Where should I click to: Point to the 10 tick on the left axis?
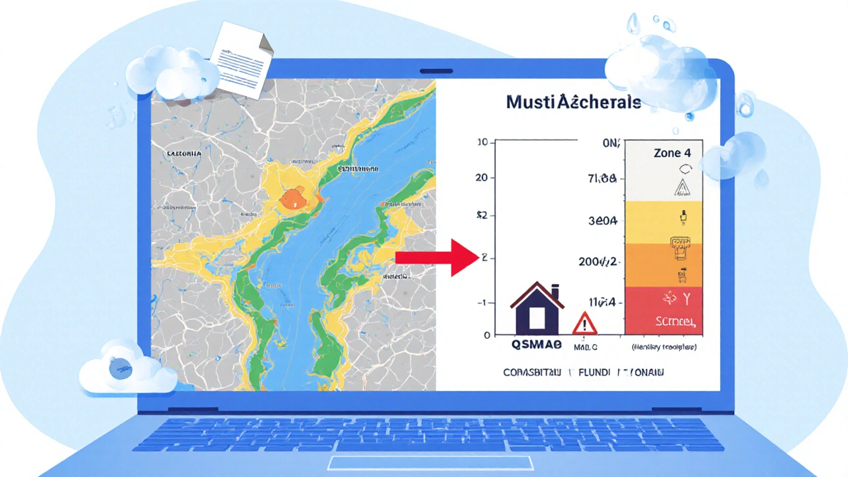(x=482, y=142)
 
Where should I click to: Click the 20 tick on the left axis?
(x=482, y=178)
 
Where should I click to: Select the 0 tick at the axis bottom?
(x=486, y=335)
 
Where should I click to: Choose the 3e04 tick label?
(x=602, y=221)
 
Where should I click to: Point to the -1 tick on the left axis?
(x=482, y=302)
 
